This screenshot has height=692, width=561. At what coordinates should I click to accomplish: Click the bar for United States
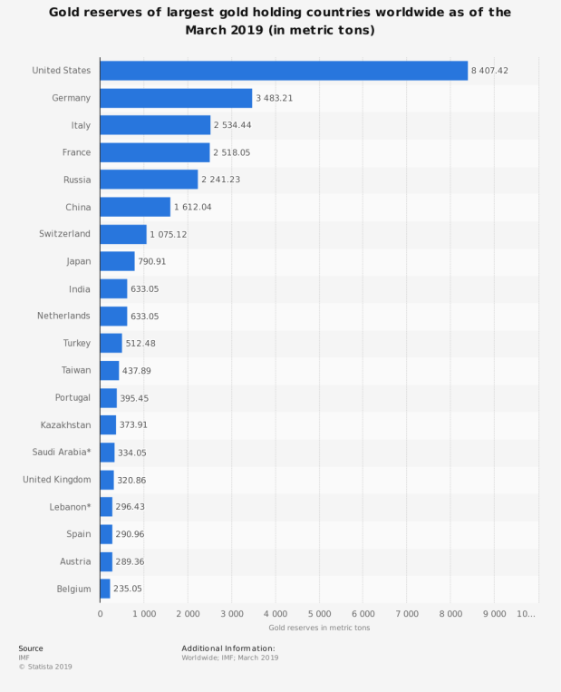pyautogui.click(x=283, y=71)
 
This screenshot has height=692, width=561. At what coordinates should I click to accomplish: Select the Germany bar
pyautogui.click(x=176, y=98)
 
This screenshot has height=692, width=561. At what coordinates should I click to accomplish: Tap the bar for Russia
pyautogui.click(x=149, y=180)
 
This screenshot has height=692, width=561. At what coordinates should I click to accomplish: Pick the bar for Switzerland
pyautogui.click(x=123, y=234)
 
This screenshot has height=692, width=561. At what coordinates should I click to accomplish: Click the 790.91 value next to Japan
pyautogui.click(x=151, y=261)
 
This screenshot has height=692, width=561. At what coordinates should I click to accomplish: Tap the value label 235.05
pyautogui.click(x=127, y=589)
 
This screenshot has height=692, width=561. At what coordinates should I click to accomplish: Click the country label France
pyautogui.click(x=76, y=152)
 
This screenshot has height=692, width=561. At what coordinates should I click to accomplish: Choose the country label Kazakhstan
pyautogui.click(x=65, y=424)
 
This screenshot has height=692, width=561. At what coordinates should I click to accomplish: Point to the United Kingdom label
pyautogui.click(x=56, y=479)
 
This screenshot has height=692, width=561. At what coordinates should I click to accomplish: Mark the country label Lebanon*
pyautogui.click(x=69, y=506)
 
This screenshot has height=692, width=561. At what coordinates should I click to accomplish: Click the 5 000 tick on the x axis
pyautogui.click(x=319, y=614)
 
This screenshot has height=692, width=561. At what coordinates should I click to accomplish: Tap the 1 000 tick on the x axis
pyautogui.click(x=143, y=614)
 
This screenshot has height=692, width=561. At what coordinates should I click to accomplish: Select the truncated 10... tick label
pyautogui.click(x=527, y=614)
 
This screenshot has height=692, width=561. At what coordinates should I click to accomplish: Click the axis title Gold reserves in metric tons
pyautogui.click(x=319, y=628)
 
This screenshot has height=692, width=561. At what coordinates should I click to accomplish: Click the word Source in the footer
pyautogui.click(x=30, y=648)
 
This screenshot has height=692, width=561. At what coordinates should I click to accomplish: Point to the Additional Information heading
pyautogui.click(x=227, y=648)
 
